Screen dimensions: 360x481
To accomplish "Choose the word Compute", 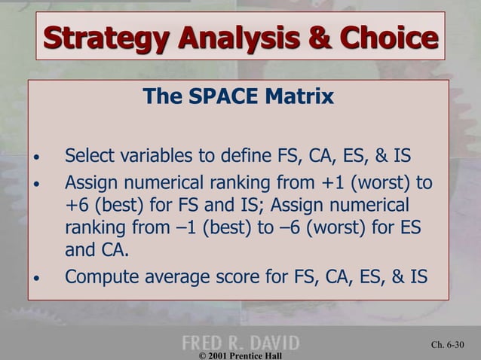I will [100, 276].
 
